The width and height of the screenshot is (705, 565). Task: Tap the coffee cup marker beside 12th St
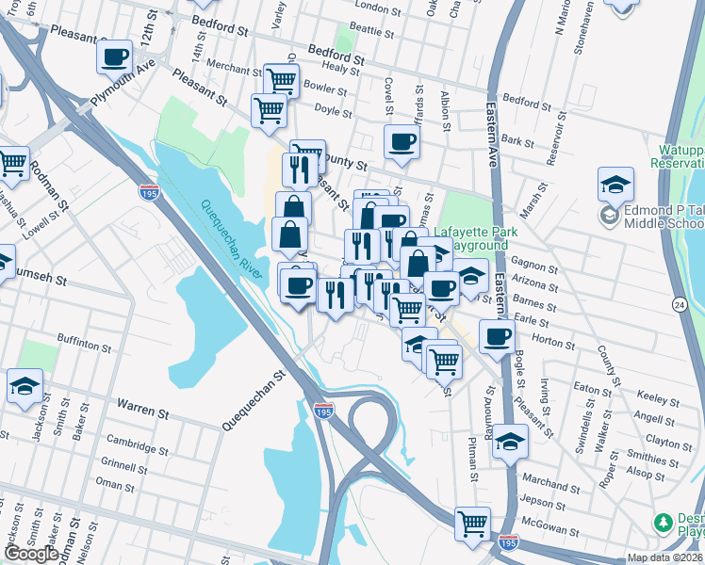coord(114,56)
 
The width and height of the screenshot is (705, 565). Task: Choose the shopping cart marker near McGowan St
coord(472,523)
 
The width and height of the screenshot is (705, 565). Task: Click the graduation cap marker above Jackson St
coord(25,384)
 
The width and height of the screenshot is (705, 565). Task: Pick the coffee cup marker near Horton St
coord(496,335)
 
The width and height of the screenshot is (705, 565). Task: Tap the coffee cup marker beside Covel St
coord(402,142)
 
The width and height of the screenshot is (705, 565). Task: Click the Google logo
coord(30,554)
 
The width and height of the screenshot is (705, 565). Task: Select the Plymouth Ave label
coord(123,84)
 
